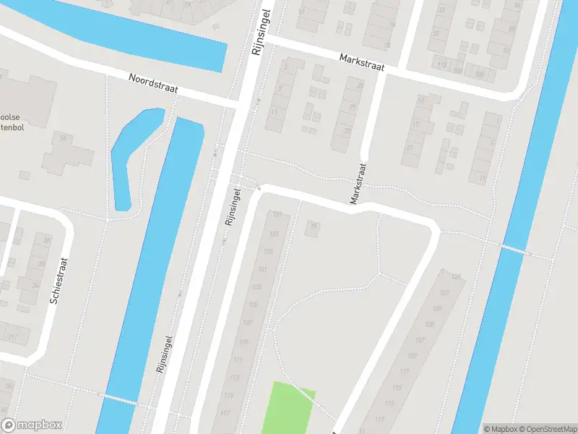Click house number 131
tap(275, 215)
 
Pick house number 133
tap(273, 234)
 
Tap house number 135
tap(269, 252)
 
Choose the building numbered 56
tap(64, 137)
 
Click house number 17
tap(415, 124)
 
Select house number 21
tap(410, 147)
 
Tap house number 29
tap(352, 107)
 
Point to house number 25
tap(48, 240)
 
